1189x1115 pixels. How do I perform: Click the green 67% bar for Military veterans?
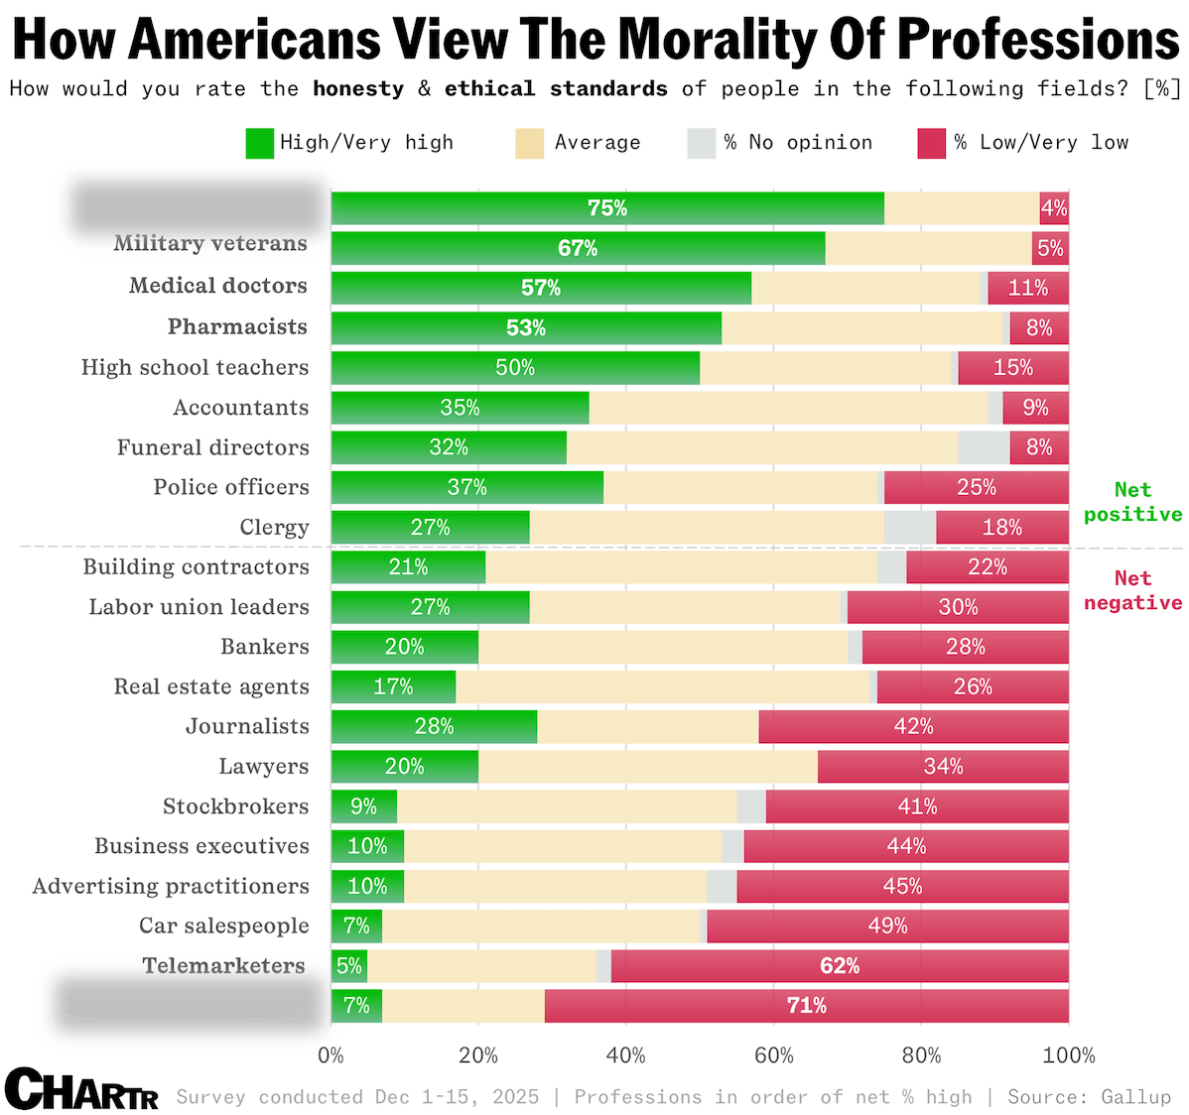[x=578, y=248]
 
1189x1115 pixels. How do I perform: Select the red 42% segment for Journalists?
[x=913, y=727]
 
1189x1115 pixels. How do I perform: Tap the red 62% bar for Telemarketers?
[x=840, y=966]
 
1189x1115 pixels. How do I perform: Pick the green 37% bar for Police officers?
[x=466, y=487]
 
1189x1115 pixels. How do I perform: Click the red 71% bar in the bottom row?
[x=806, y=1006]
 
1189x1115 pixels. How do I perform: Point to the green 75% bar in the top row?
[x=606, y=208]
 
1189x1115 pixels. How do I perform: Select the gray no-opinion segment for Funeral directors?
[x=984, y=447]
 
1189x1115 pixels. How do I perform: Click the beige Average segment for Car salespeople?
[x=541, y=927]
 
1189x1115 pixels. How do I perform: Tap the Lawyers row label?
[x=264, y=767]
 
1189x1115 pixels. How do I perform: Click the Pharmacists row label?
[x=237, y=327]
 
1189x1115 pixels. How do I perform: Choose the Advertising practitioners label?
[x=171, y=886]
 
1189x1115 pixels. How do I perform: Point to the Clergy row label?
[x=274, y=528]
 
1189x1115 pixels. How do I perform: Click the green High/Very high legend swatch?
[x=260, y=143]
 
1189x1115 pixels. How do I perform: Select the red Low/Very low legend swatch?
[x=932, y=143]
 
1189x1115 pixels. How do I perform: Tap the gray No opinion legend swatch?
[x=701, y=143]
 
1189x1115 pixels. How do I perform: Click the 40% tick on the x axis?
[x=625, y=1055]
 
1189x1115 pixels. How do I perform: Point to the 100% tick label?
[x=1068, y=1055]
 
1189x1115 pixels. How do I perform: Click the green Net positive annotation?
[x=1132, y=502]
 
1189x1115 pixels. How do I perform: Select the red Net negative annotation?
[x=1132, y=590]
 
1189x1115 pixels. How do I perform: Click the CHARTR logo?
[x=81, y=1089]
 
